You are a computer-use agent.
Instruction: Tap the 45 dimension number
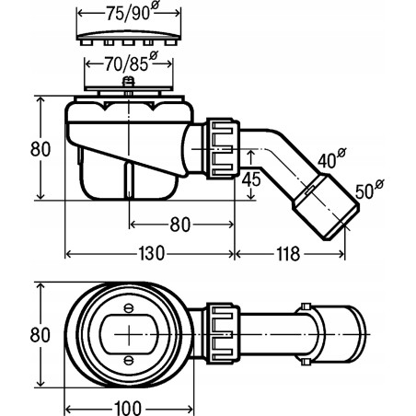(249, 180)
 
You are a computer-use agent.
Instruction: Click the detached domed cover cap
(124, 36)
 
